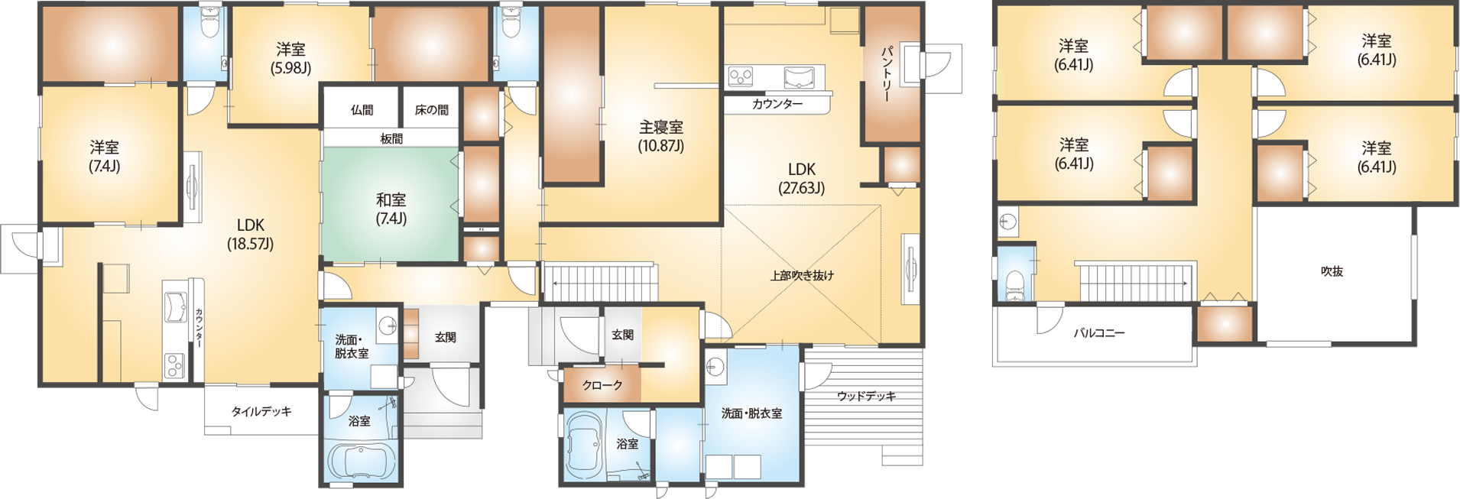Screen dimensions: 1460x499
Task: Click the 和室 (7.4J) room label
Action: pyautogui.click(x=391, y=209)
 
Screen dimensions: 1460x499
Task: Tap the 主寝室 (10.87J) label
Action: pyautogui.click(x=661, y=136)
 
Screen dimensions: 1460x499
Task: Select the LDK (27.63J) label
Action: pyautogui.click(x=801, y=178)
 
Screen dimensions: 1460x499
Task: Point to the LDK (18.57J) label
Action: pyautogui.click(x=250, y=234)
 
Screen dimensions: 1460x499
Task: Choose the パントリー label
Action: pyautogui.click(x=887, y=75)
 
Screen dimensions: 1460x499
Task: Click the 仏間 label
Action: pyautogui.click(x=362, y=110)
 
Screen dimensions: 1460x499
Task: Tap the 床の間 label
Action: pyautogui.click(x=431, y=110)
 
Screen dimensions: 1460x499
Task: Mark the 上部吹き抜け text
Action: pyautogui.click(x=802, y=275)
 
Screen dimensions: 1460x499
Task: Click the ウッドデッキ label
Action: pyautogui.click(x=865, y=396)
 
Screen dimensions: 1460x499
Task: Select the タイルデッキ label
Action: pyautogui.click(x=261, y=411)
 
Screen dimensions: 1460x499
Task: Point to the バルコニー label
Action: pyautogui.click(x=1098, y=333)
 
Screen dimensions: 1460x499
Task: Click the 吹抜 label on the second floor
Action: pyautogui.click(x=1332, y=271)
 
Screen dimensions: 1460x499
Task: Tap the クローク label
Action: pyautogui.click(x=602, y=386)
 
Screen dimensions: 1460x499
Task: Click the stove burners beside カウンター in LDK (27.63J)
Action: pyautogui.click(x=739, y=76)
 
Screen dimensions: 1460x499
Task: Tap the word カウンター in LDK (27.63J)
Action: pyautogui.click(x=777, y=104)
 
